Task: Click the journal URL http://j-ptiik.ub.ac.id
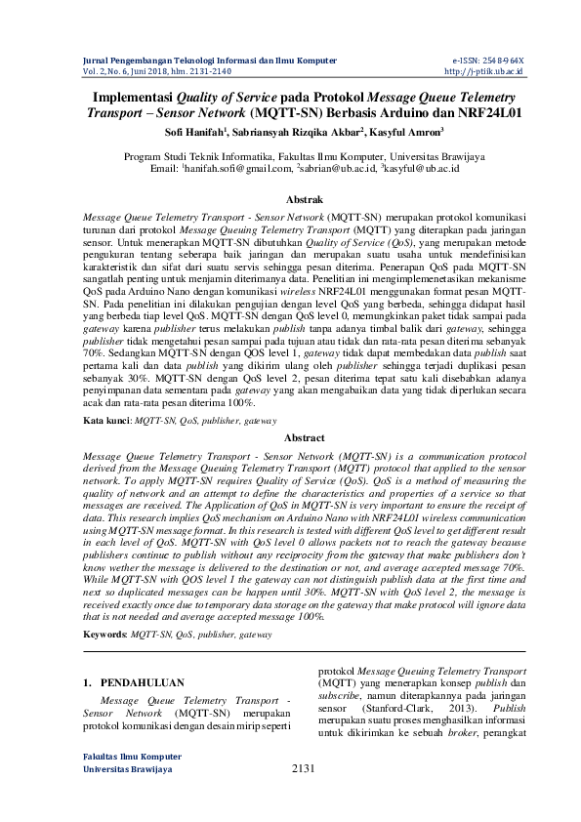(x=484, y=71)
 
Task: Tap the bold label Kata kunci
(x=105, y=420)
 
